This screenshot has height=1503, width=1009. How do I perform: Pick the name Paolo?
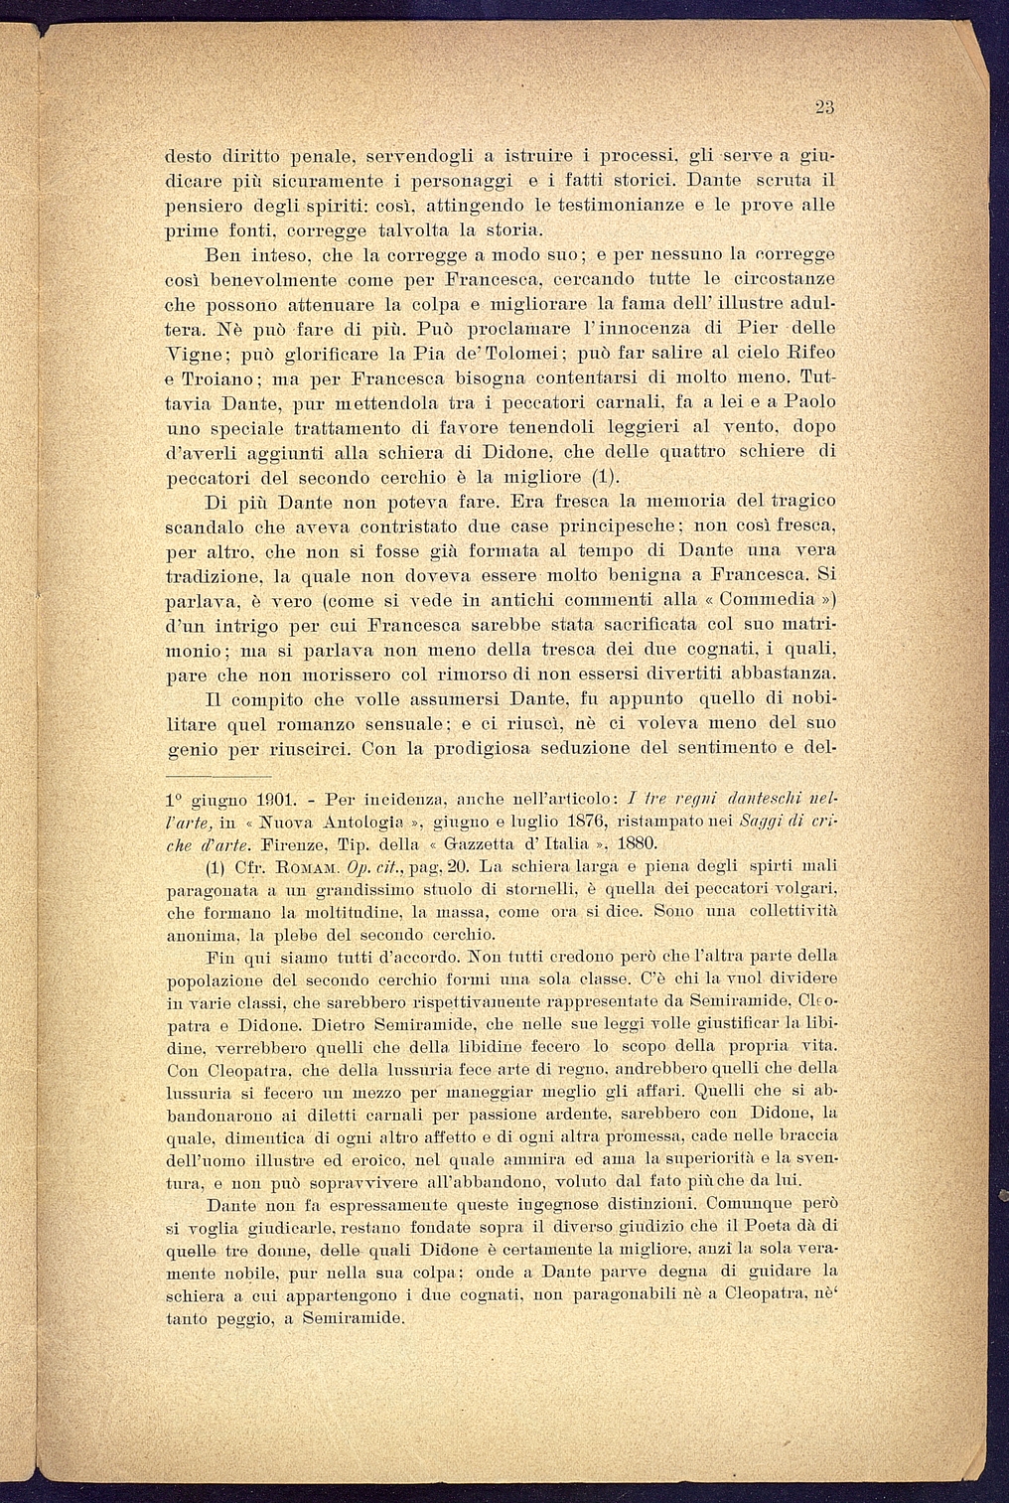[808, 402]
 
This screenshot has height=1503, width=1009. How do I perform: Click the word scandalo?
[207, 525]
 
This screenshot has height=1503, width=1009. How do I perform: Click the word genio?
[189, 748]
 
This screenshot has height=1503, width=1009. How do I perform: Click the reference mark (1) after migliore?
[586, 476]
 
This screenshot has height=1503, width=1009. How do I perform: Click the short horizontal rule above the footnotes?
[218, 776]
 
